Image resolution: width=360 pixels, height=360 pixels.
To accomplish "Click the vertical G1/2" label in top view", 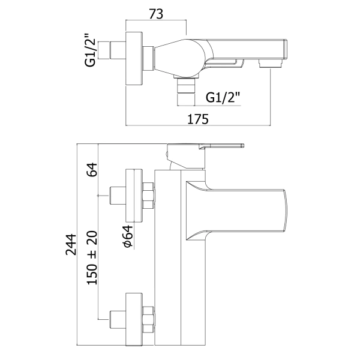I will tap(91, 51).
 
